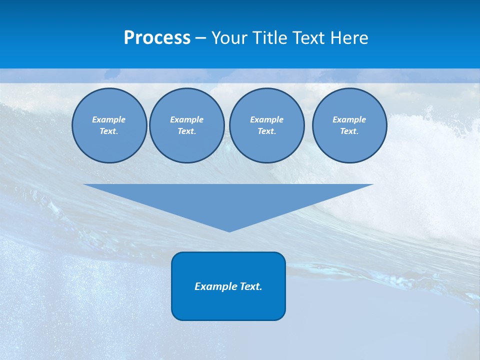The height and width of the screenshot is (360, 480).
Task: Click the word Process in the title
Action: pyautogui.click(x=157, y=38)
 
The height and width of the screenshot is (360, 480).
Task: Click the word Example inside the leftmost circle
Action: pyautogui.click(x=109, y=119)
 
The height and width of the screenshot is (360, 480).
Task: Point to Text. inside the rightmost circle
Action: pyautogui.click(x=349, y=131)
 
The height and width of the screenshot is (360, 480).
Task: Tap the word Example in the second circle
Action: pyautogui.click(x=186, y=119)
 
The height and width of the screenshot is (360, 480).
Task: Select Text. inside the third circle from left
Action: pyautogui.click(x=266, y=131)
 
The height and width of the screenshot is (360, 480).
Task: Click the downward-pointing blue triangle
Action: pyautogui.click(x=228, y=200)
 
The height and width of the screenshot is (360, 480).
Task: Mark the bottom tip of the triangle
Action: pyautogui.click(x=229, y=230)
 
